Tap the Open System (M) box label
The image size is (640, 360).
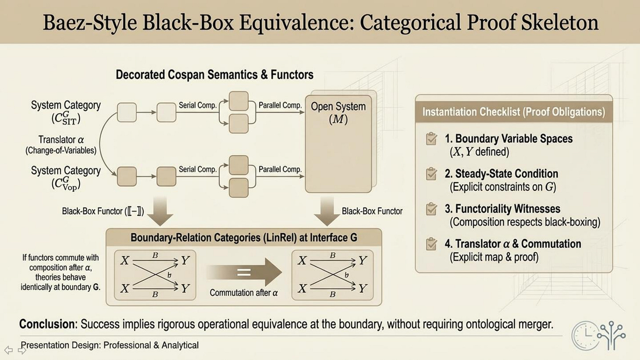tap(338, 113)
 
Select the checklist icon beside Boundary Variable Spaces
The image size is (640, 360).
tap(431, 139)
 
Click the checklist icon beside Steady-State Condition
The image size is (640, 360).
tap(431, 174)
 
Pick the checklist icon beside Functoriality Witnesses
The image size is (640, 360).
tap(431, 209)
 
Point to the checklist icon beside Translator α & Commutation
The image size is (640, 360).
tap(431, 244)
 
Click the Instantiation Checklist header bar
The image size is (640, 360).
tap(513, 112)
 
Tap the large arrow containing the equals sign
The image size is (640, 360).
tap(244, 273)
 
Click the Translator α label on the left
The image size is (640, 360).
tap(61, 140)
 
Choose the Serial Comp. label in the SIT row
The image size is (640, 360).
tap(197, 105)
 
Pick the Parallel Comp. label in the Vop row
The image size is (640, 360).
tap(280, 169)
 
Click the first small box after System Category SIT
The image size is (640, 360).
tap(127, 112)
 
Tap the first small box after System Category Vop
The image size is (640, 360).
tap(127, 176)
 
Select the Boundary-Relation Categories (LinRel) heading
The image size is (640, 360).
tap(244, 238)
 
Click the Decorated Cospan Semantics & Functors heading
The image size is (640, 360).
tap(215, 75)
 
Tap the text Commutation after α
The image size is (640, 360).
tap(244, 292)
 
